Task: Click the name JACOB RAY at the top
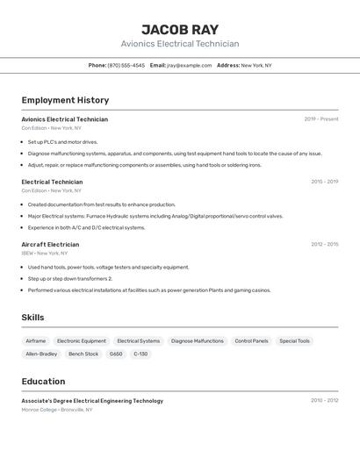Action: pyautogui.click(x=180, y=29)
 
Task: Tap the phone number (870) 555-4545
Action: pyautogui.click(x=126, y=66)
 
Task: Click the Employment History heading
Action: pyautogui.click(x=65, y=100)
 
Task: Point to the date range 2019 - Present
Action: pyautogui.click(x=320, y=119)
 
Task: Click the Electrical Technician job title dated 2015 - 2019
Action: pyautogui.click(x=52, y=182)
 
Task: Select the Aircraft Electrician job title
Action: pyautogui.click(x=50, y=245)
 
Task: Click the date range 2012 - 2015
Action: pyautogui.click(x=324, y=245)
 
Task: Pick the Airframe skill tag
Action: pyautogui.click(x=36, y=340)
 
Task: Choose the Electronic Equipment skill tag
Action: pyautogui.click(x=82, y=340)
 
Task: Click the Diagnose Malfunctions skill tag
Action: pyautogui.click(x=197, y=340)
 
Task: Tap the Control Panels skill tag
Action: pyautogui.click(x=251, y=340)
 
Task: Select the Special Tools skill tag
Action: pyautogui.click(x=294, y=340)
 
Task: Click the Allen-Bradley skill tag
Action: pyautogui.click(x=41, y=354)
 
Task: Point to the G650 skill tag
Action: pyautogui.click(x=116, y=354)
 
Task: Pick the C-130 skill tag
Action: pyautogui.click(x=140, y=354)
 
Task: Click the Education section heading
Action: pyautogui.click(x=43, y=382)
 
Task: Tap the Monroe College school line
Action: pyautogui.click(x=57, y=409)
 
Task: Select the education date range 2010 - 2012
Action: pyautogui.click(x=324, y=401)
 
